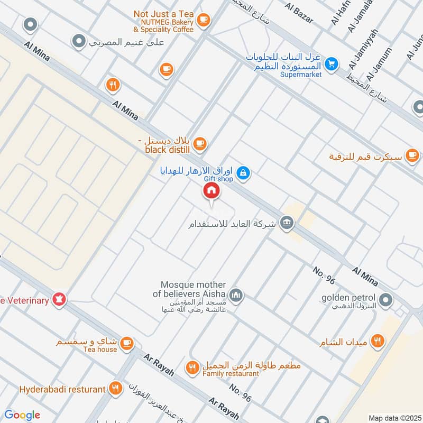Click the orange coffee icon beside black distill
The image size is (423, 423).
click(x=199, y=143)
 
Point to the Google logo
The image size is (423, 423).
click(x=22, y=415)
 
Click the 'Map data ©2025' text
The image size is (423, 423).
click(x=394, y=418)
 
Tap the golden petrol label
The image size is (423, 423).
click(x=350, y=298)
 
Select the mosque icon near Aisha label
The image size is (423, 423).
click(x=236, y=295)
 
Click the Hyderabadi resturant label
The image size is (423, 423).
click(x=62, y=389)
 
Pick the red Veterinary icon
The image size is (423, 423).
click(x=60, y=300)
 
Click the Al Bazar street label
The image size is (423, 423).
click(x=299, y=14)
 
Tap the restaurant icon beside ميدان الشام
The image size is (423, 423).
click(x=377, y=342)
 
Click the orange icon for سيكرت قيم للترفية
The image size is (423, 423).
click(x=412, y=157)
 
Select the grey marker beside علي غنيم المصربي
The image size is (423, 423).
click(x=79, y=40)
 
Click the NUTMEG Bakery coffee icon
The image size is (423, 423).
click(x=203, y=21)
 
